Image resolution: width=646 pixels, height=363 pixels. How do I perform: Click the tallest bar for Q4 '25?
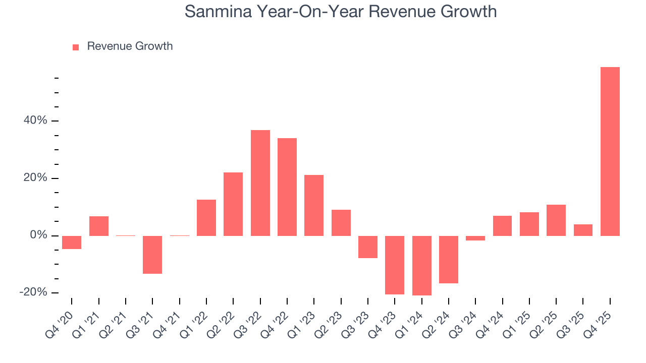click(610, 151)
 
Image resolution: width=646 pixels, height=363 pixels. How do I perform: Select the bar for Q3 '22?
click(260, 183)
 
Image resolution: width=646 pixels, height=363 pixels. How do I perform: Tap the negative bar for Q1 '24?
click(422, 266)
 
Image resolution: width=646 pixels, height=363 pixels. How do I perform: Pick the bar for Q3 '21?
click(152, 255)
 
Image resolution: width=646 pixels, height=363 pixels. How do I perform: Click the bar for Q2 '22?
click(233, 204)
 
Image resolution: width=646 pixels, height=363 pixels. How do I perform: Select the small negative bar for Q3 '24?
click(475, 238)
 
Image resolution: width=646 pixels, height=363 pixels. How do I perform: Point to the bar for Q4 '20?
click(72, 243)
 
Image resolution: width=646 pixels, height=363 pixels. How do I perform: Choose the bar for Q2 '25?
click(556, 220)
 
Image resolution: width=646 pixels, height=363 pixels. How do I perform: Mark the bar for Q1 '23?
click(314, 205)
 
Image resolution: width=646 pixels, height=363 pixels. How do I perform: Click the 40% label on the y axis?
click(35, 121)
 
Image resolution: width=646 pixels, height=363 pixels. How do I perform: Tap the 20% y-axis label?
click(35, 178)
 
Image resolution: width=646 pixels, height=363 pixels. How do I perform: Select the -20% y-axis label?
click(33, 292)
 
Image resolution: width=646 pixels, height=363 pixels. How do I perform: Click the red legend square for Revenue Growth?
click(76, 47)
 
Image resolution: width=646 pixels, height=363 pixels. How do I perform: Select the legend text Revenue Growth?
click(130, 46)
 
